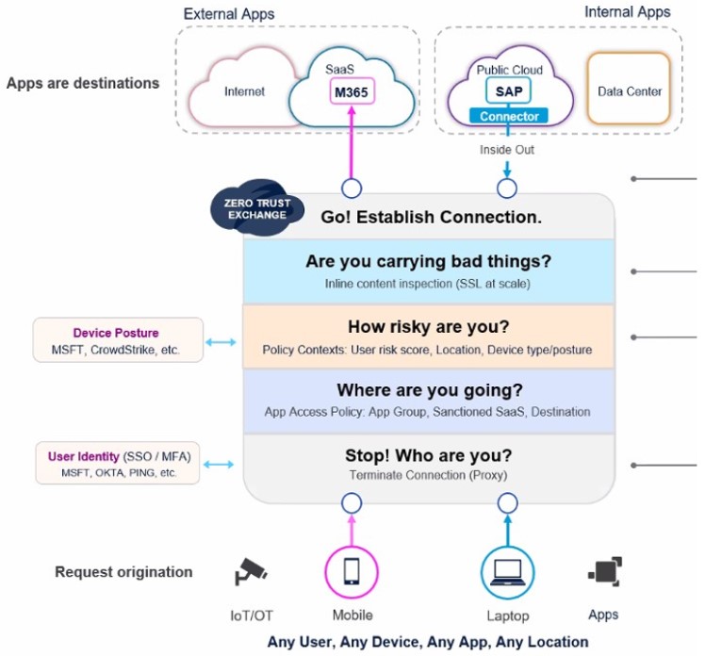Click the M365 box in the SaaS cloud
352,92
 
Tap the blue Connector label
508,116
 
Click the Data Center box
629,91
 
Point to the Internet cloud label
244,92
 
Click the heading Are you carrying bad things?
428,262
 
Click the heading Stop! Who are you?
428,456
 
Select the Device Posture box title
116,333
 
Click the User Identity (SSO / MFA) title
119,457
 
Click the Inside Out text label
507,149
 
